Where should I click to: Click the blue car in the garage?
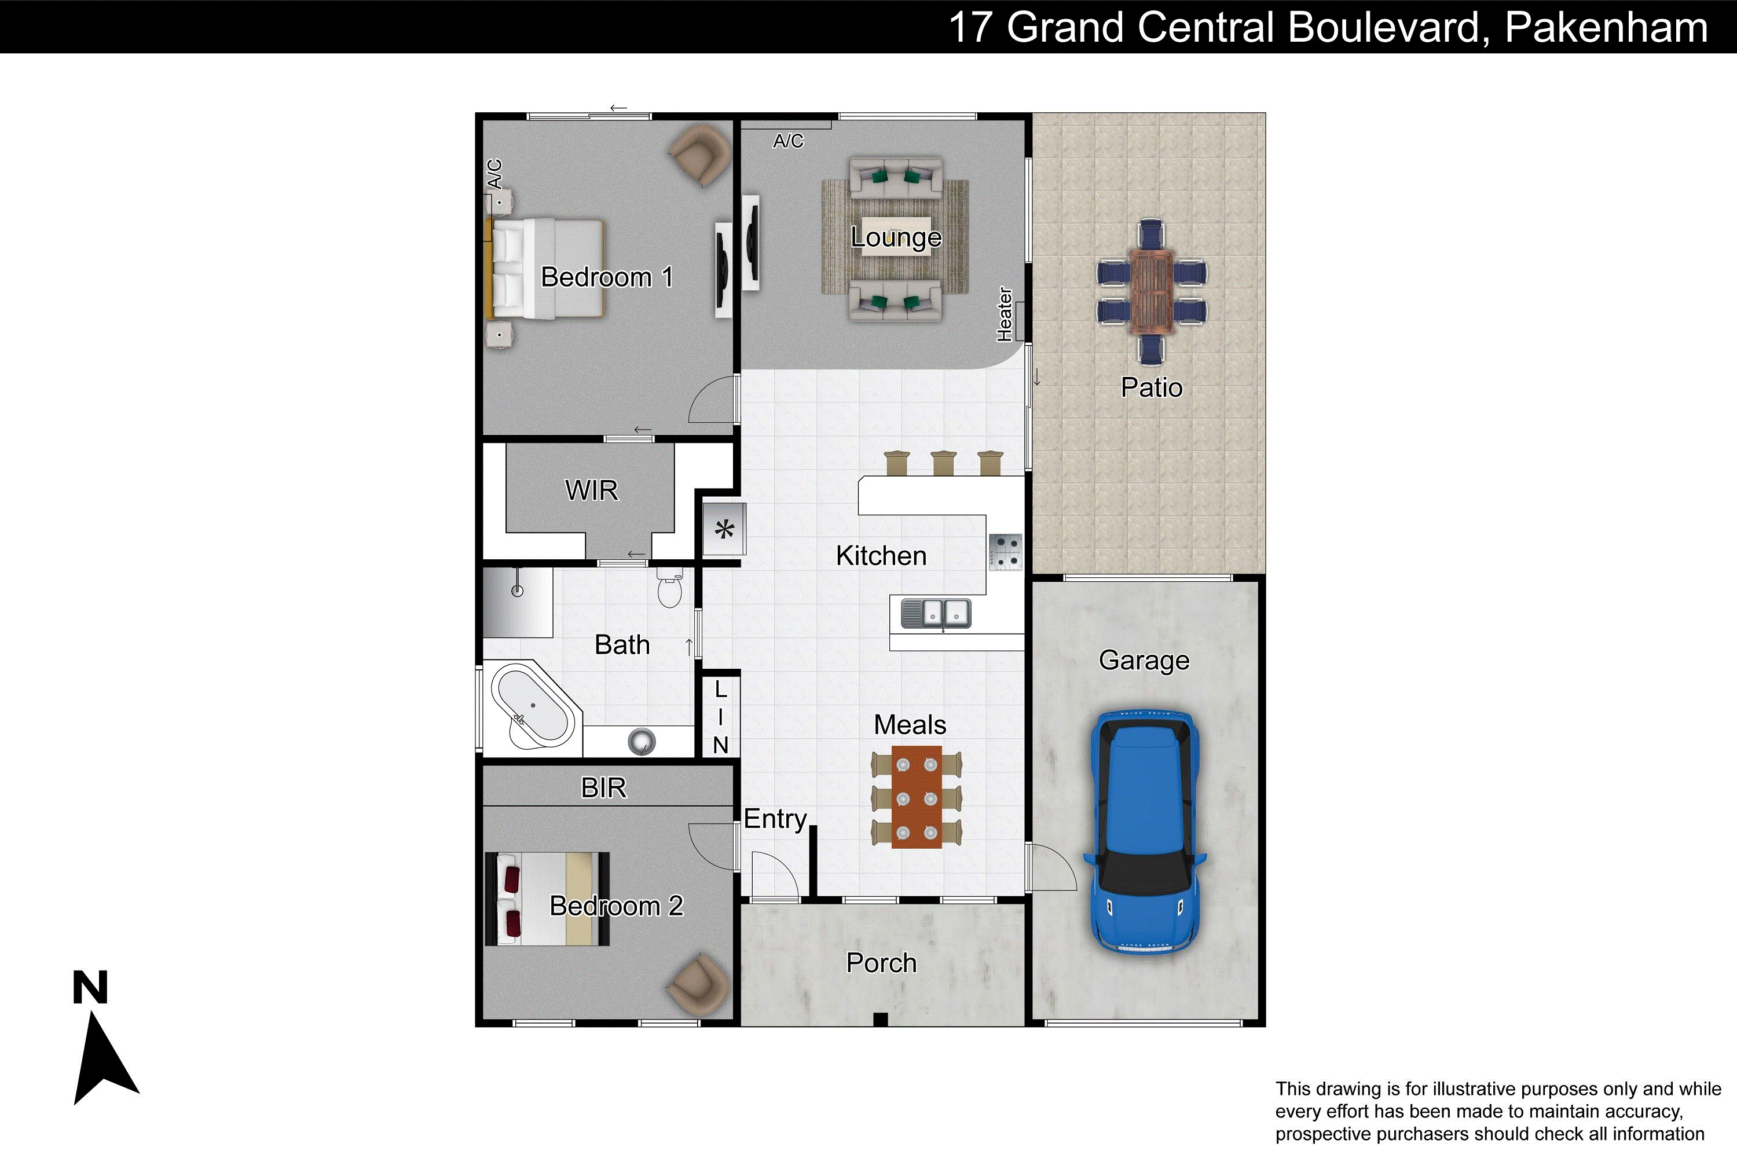(x=1144, y=833)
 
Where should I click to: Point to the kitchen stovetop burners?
(x=1005, y=552)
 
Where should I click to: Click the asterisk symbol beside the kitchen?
(x=724, y=530)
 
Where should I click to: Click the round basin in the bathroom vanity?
(x=641, y=742)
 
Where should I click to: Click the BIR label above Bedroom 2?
(x=603, y=788)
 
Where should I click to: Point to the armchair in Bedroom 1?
(x=698, y=155)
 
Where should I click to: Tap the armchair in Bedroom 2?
(x=698, y=984)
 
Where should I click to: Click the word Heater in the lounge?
(x=1005, y=314)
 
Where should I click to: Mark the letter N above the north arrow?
(x=90, y=987)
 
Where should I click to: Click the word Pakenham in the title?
(x=1606, y=27)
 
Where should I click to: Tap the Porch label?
(x=881, y=963)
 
